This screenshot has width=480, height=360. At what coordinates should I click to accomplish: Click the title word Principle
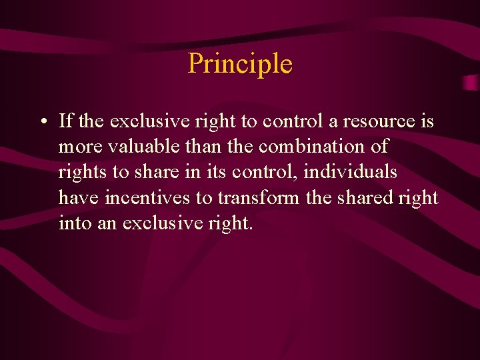[240, 64]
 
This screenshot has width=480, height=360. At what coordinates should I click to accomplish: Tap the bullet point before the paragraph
[42, 123]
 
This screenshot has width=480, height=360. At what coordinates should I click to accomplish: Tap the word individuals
[350, 173]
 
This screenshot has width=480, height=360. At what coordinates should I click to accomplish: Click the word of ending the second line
[381, 147]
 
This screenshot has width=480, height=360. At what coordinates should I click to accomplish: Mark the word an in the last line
[107, 223]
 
